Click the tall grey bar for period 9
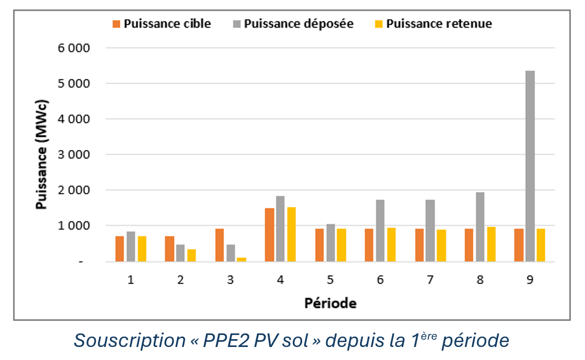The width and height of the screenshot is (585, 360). [x=530, y=166]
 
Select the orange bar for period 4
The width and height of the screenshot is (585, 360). [x=269, y=234]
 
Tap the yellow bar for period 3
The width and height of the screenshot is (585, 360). [x=241, y=259]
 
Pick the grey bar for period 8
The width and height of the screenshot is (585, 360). [x=480, y=227]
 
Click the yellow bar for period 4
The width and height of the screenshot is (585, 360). [x=291, y=234]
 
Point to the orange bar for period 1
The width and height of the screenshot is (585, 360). [x=120, y=249]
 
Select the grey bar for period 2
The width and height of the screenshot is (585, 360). [x=181, y=253]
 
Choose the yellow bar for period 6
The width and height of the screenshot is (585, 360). [x=391, y=245]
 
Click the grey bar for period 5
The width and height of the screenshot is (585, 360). [x=331, y=243]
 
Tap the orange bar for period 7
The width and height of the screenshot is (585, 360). [x=419, y=245]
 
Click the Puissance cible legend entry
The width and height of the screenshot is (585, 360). [x=161, y=24]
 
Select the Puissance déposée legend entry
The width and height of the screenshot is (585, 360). [x=293, y=24]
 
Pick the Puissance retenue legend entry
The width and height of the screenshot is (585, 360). [x=433, y=24]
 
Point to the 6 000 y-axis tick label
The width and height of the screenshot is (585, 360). [x=74, y=48]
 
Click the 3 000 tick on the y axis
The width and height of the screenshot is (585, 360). [x=74, y=154]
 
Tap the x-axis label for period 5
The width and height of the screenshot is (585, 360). [x=330, y=280]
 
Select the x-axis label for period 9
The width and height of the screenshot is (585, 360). [x=530, y=280]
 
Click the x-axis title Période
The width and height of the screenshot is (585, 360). [x=330, y=303]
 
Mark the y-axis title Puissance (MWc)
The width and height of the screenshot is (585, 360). [x=41, y=154]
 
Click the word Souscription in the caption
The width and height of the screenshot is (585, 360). [x=130, y=341]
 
